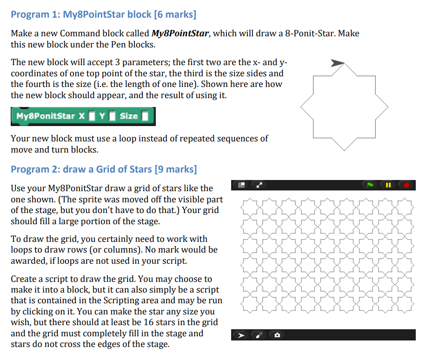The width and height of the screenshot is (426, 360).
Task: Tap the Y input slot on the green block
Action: (x=112, y=116)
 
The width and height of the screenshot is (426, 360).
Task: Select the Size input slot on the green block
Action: (x=145, y=116)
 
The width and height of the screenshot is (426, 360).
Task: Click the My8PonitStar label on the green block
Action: (x=45, y=116)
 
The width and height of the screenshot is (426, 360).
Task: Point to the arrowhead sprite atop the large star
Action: (x=337, y=63)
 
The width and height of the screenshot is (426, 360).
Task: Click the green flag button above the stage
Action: (x=370, y=185)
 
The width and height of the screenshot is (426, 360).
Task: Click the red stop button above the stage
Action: (x=406, y=185)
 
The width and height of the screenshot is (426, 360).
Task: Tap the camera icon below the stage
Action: (x=277, y=335)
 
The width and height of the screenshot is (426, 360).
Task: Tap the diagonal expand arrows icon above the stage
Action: (x=258, y=185)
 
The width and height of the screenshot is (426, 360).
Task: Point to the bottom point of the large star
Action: (x=344, y=150)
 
